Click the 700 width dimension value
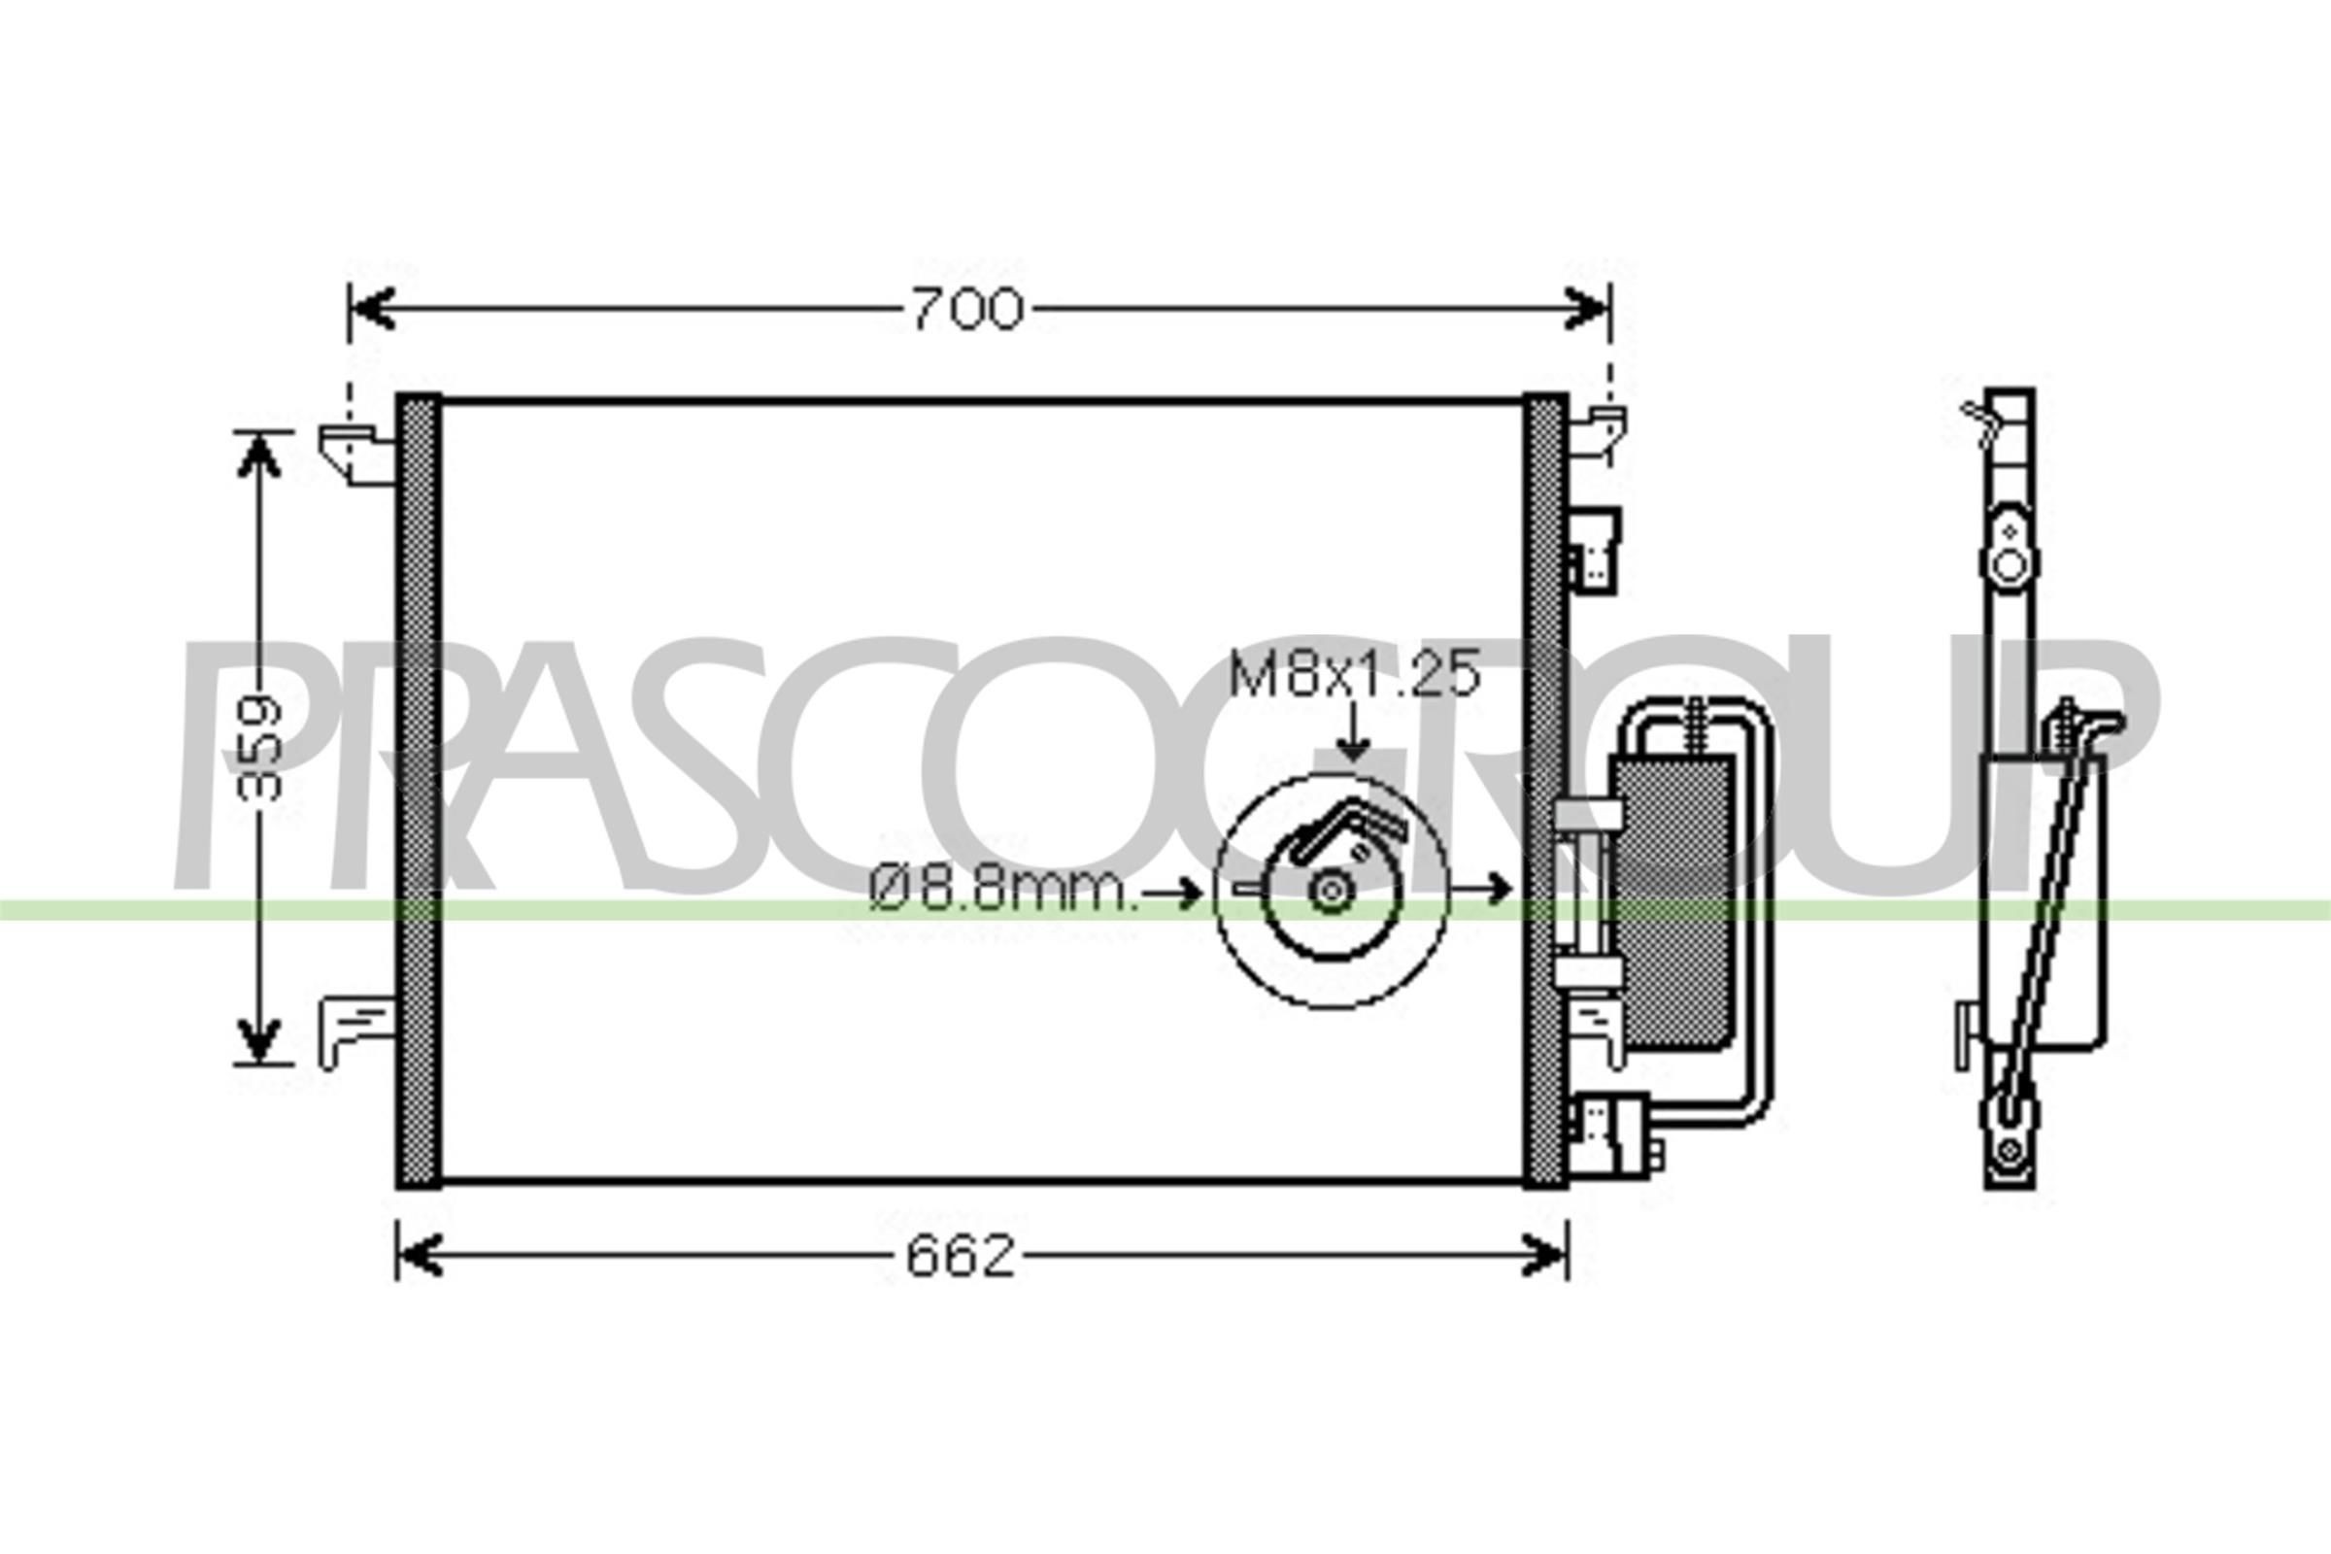pos(966,309)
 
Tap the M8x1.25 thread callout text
pos(1354,675)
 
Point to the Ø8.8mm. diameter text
pos(1001,892)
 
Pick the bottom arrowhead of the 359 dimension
pos(257,1040)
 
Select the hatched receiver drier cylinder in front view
pos(1672,902)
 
